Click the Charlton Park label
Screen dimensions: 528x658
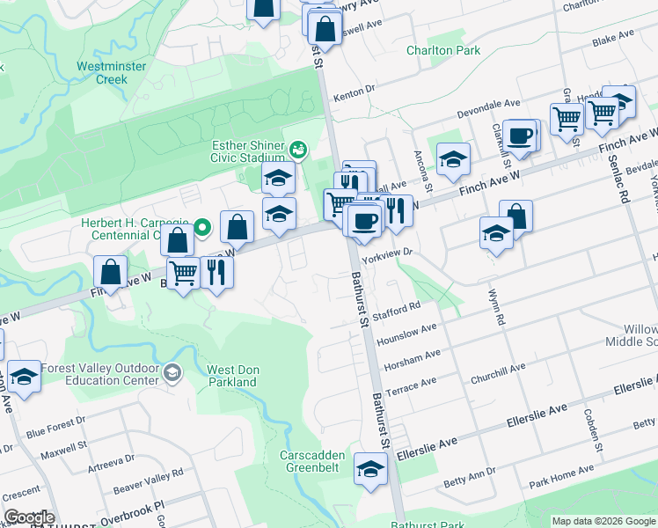443,51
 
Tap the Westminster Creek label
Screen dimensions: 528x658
102,72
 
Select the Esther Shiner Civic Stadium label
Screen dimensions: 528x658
247,151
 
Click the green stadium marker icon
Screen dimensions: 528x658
299,150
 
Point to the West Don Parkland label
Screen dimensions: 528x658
231,376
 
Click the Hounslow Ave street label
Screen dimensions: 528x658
406,332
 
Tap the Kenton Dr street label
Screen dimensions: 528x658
358,89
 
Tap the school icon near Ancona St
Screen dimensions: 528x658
453,159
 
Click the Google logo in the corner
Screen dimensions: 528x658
29,517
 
